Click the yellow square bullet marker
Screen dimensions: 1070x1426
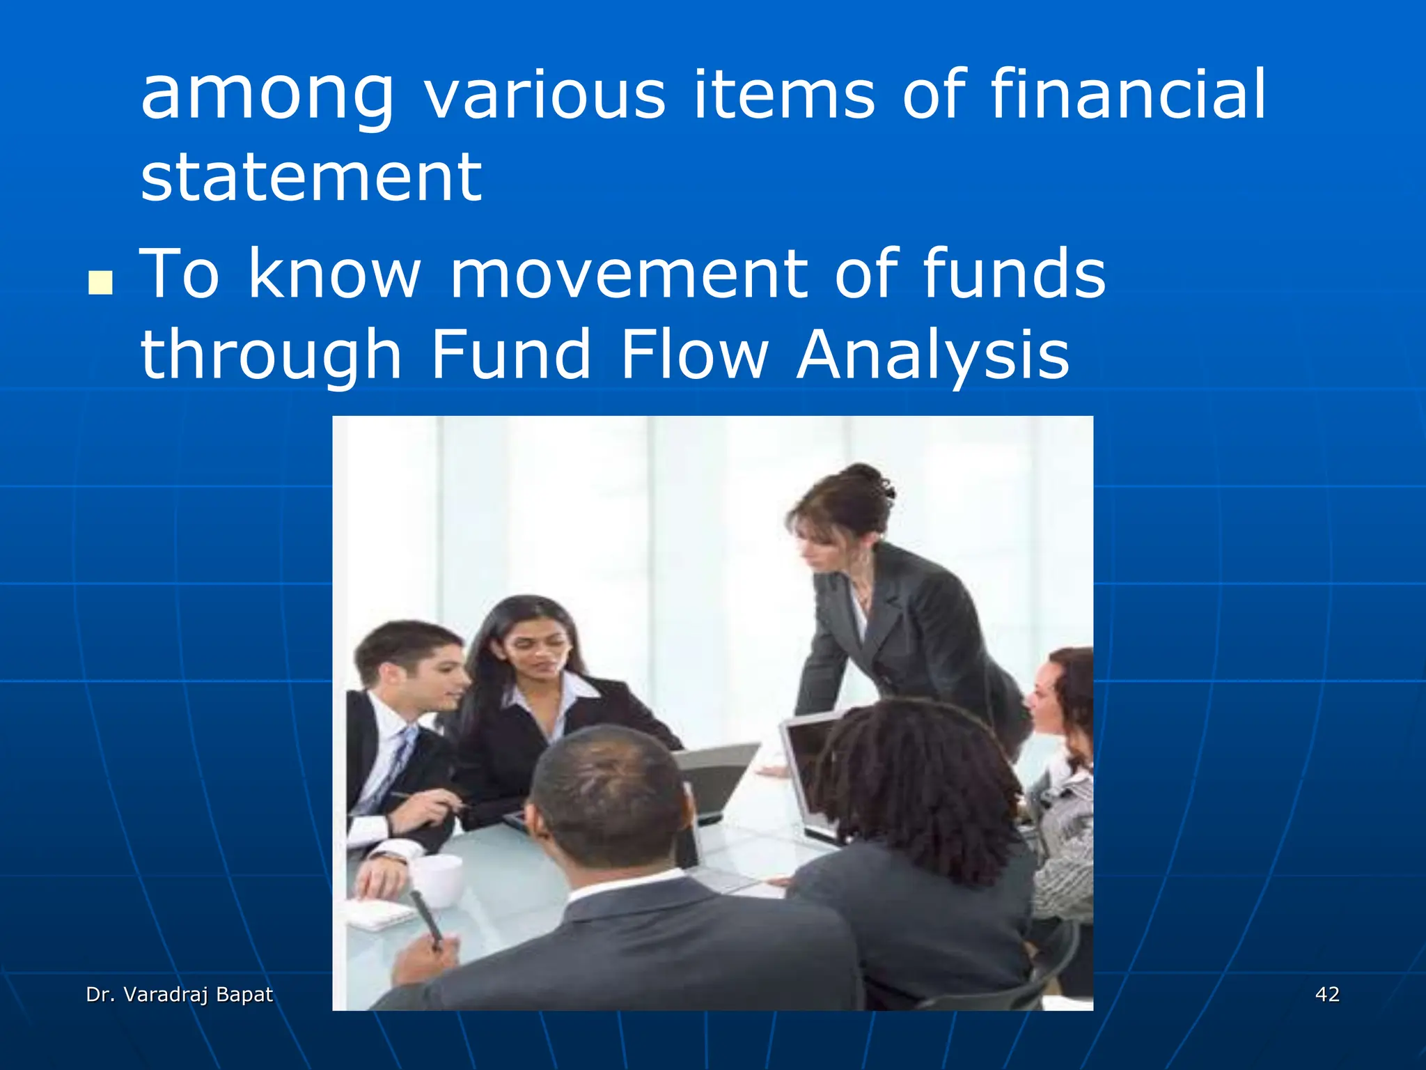point(100,283)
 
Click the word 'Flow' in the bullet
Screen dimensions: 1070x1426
point(694,355)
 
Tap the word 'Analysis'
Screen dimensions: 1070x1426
point(932,356)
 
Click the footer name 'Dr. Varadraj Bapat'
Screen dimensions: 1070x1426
point(180,994)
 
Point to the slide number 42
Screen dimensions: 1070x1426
point(1327,994)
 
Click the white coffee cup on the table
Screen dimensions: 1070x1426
point(438,881)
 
